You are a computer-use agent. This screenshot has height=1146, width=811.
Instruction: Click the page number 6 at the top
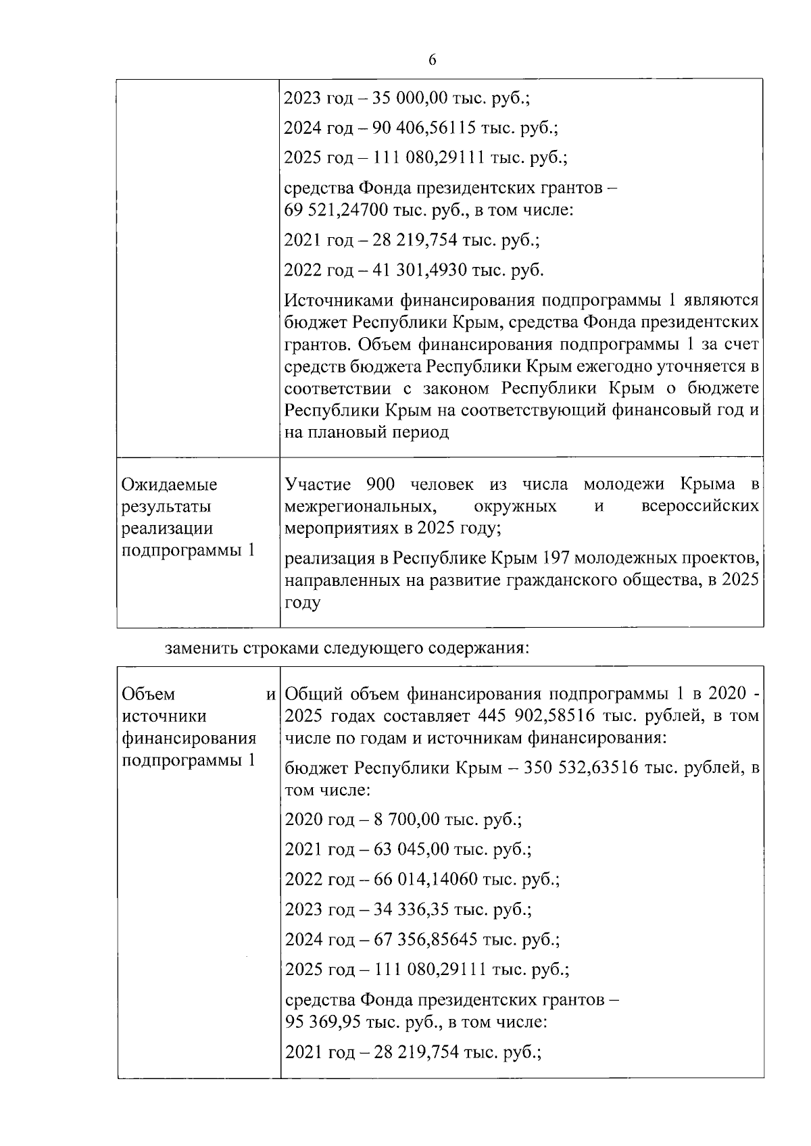(432, 61)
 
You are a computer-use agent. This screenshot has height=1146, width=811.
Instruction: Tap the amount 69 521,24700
(336, 210)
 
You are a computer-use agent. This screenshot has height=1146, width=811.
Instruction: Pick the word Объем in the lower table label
(148, 694)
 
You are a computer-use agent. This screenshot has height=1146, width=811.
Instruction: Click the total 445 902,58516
(535, 716)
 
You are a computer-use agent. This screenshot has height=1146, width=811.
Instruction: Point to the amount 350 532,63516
(581, 768)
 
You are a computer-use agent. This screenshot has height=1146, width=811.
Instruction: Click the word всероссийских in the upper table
(699, 506)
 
